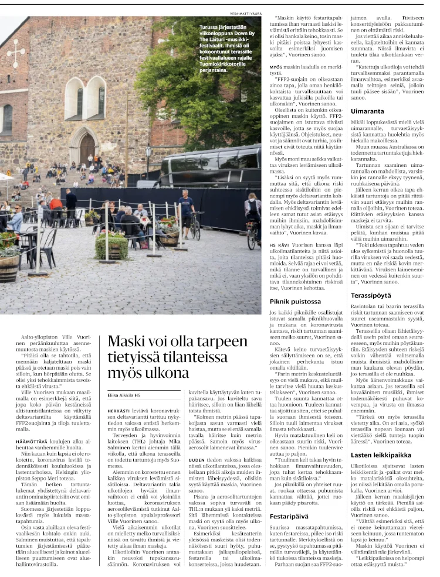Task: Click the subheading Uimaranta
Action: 368,111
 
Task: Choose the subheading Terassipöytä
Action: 372,296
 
